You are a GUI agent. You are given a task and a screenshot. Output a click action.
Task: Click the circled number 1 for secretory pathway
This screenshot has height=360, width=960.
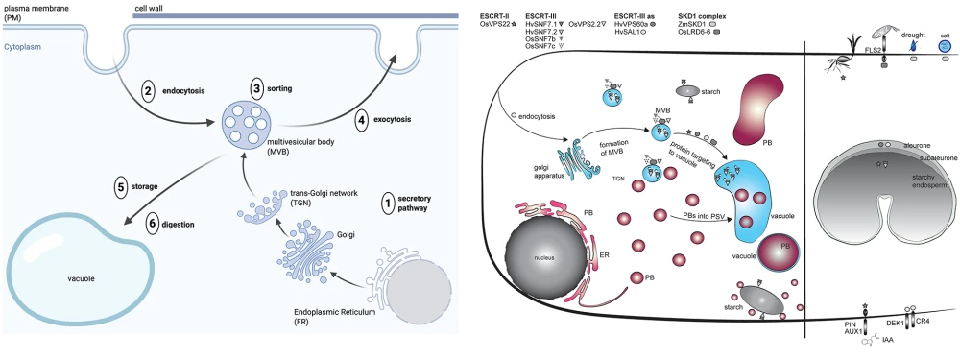pos(387,204)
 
